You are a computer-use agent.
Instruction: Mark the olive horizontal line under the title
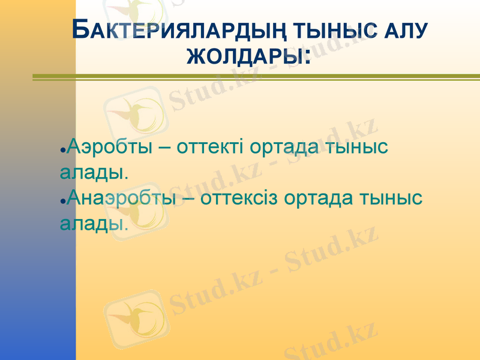click(256, 77)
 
